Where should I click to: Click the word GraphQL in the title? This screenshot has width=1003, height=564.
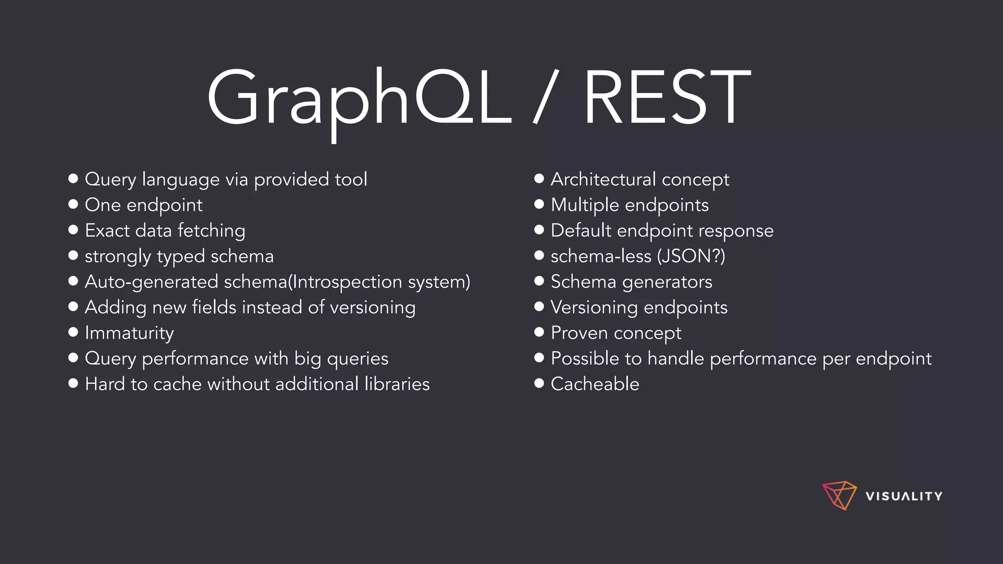pyautogui.click(x=358, y=98)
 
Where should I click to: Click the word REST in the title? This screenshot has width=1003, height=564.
pyautogui.click(x=667, y=98)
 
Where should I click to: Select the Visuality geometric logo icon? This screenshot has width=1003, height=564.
pyautogui.click(x=839, y=495)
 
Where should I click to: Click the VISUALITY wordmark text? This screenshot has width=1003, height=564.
pyautogui.click(x=904, y=496)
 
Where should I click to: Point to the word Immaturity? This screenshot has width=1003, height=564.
pyautogui.click(x=129, y=333)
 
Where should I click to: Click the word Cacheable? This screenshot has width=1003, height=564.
pyautogui.click(x=595, y=384)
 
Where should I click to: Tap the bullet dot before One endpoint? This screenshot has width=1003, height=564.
pyautogui.click(x=73, y=204)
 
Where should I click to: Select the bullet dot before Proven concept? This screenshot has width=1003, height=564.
pyautogui.click(x=539, y=332)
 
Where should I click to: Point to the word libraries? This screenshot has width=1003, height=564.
pyautogui.click(x=397, y=384)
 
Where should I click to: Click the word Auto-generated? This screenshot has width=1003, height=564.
pyautogui.click(x=151, y=282)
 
